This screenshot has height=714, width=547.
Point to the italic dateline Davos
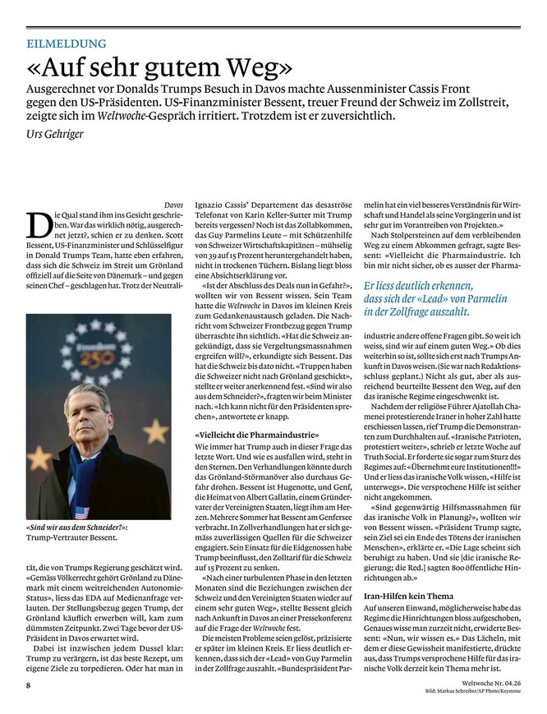pos(172,202)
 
